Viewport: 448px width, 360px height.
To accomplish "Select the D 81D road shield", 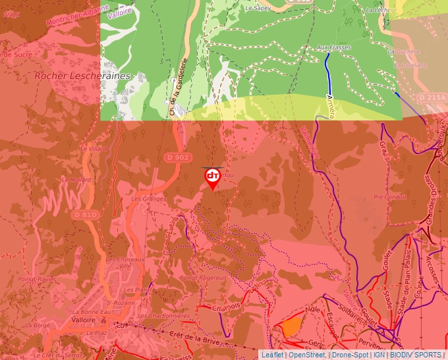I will point(85,215).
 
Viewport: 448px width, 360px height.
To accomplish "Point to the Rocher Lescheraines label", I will point(82,76).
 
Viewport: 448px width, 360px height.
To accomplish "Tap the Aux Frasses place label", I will point(334,47).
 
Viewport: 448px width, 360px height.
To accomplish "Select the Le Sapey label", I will point(258,9).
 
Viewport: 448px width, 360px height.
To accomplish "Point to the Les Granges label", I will point(146,198).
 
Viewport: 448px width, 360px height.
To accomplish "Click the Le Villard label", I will point(93,149).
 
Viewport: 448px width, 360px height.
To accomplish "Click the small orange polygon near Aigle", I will point(292,326).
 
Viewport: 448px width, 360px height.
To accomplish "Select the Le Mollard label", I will point(76,179).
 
